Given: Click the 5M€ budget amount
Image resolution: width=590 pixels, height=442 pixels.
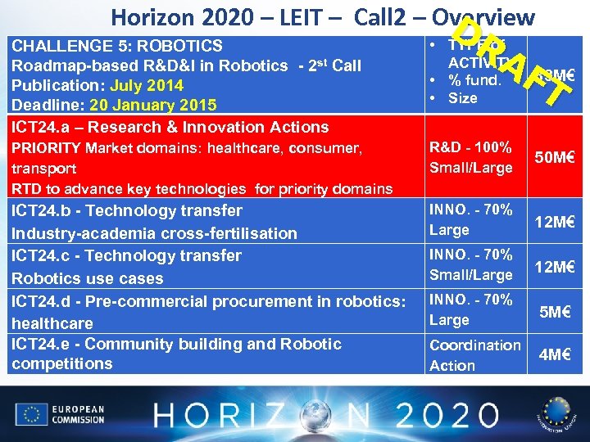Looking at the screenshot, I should pos(555,311).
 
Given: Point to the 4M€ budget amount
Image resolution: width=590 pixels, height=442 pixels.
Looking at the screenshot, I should pos(555,355).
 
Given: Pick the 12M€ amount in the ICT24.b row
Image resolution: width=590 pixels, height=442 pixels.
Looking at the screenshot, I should pos(553,221).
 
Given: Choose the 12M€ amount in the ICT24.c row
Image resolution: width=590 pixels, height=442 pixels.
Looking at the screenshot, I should pos(553,267).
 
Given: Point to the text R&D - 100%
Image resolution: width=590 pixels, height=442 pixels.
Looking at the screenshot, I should pos(470,147).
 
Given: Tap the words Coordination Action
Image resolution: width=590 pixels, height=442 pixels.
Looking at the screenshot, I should pos(474,355).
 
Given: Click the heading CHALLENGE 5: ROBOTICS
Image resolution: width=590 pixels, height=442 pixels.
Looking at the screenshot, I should pos(116,46).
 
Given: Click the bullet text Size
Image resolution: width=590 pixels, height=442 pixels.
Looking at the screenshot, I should pos(462,98).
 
